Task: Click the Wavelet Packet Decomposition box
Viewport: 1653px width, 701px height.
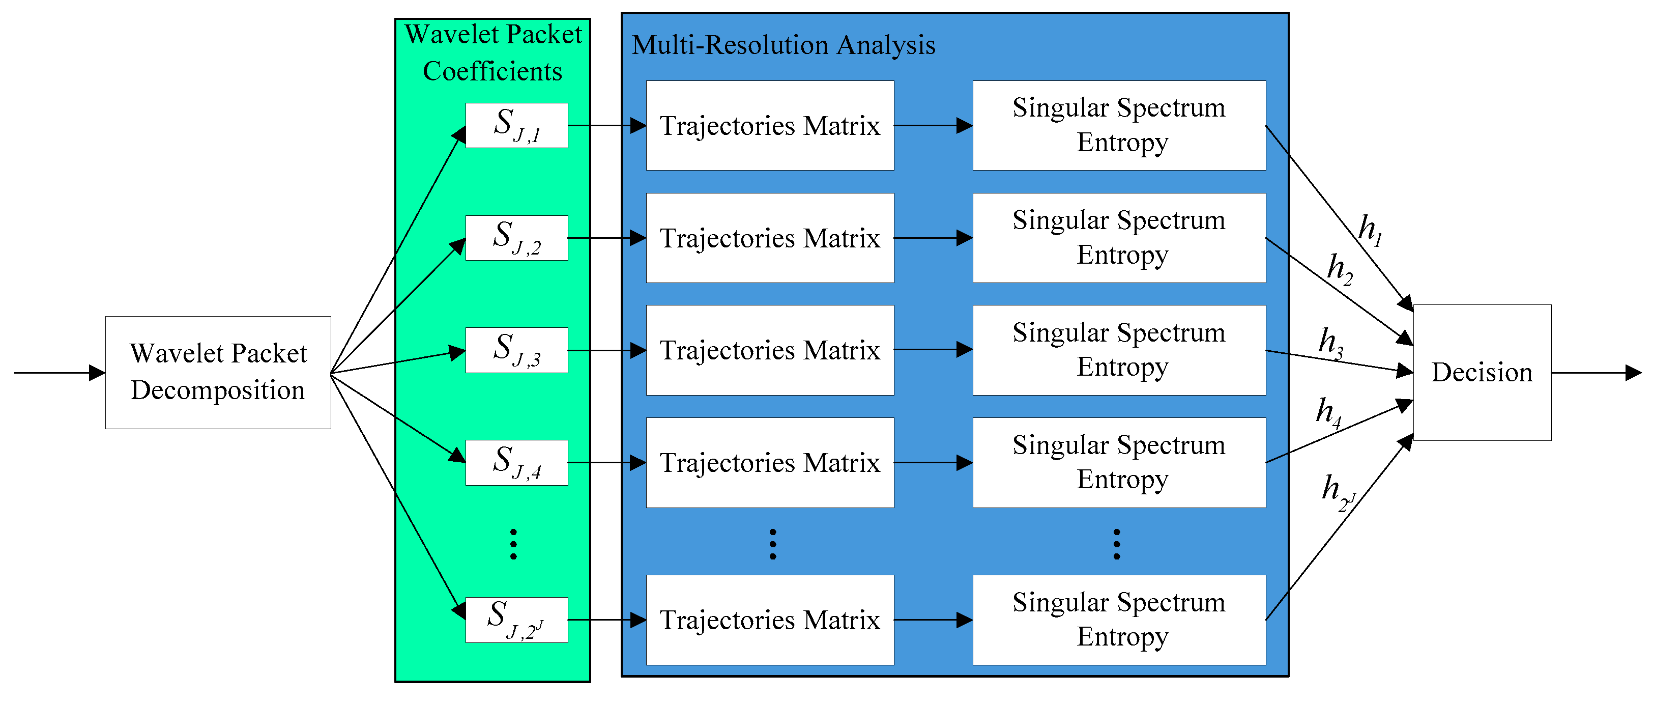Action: tap(218, 372)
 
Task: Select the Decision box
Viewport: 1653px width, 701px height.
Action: tap(1482, 372)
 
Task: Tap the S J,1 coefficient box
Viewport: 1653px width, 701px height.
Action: tap(516, 125)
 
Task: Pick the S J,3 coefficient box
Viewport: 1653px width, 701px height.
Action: tap(516, 350)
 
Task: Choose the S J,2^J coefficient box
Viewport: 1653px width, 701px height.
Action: tap(516, 620)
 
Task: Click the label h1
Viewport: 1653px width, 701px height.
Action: tap(1370, 230)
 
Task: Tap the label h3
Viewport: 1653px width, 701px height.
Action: tap(1331, 343)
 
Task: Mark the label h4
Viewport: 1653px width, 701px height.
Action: tap(1328, 413)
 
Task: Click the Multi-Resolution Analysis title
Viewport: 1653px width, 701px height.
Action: tap(783, 45)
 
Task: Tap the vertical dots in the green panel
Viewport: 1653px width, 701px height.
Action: tap(513, 544)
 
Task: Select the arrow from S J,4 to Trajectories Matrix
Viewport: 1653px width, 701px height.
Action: tap(606, 462)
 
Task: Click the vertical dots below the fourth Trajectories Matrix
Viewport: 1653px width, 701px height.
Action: tap(773, 544)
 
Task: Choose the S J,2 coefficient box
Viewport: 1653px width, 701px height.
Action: tap(516, 238)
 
